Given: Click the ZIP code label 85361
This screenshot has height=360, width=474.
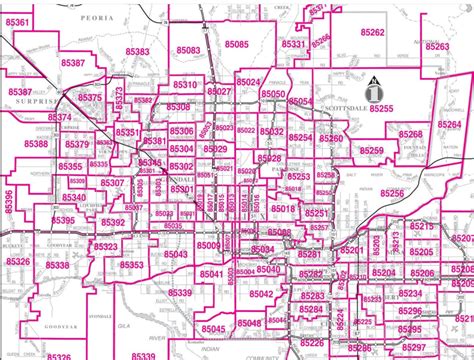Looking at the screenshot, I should pyautogui.click(x=17, y=20).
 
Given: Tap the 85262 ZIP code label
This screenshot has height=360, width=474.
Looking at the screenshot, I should pyautogui.click(x=373, y=32).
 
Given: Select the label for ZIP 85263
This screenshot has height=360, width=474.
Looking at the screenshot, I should pyautogui.click(x=437, y=47).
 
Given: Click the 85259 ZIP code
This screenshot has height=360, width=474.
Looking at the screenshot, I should pyautogui.click(x=371, y=151).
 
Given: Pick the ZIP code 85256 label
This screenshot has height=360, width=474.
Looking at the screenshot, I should pyautogui.click(x=392, y=193).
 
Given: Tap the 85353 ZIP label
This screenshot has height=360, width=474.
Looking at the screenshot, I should pyautogui.click(x=132, y=265).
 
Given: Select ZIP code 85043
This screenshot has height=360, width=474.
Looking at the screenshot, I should pyautogui.click(x=175, y=254).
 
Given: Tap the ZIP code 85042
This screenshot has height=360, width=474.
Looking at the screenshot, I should pyautogui.click(x=261, y=294).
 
